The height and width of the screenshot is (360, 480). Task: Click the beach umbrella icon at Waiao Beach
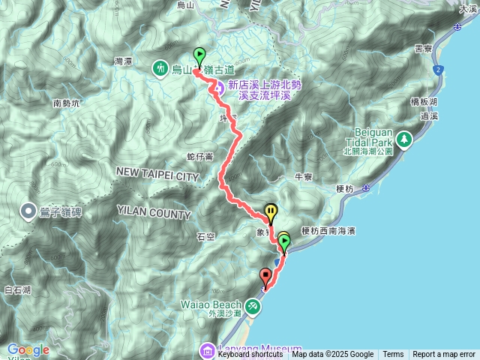254,305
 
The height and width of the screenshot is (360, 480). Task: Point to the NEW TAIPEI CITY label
157,175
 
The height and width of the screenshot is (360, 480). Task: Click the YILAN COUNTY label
153,214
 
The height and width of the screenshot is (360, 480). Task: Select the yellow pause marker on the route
271,212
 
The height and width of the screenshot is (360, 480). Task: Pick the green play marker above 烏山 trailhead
199,55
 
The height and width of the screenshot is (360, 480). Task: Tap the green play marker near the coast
284,241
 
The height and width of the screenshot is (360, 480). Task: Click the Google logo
28,349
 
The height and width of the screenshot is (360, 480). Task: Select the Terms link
393,355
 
